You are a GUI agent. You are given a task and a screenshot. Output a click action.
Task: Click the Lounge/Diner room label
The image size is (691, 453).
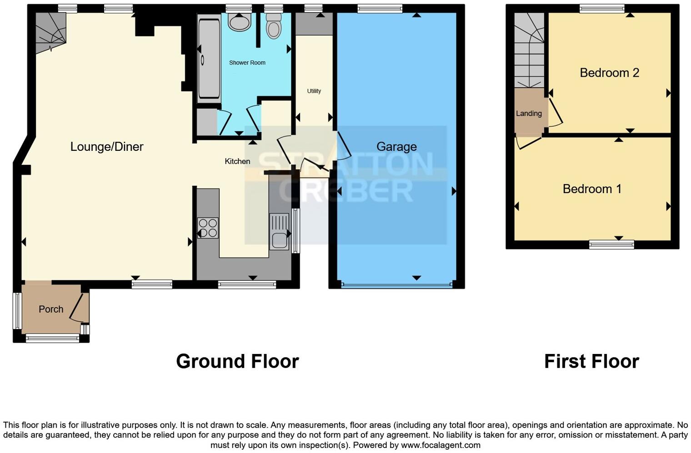click(x=107, y=147)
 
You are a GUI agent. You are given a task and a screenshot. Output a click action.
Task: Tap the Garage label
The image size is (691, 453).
click(x=396, y=147)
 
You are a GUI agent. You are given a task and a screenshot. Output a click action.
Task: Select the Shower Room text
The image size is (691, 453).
click(x=247, y=63)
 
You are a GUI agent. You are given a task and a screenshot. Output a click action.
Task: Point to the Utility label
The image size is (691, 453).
click(x=314, y=91)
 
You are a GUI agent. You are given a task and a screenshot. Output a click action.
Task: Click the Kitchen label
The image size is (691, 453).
click(x=237, y=161)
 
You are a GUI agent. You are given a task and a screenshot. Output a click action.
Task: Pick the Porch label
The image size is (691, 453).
click(x=51, y=309)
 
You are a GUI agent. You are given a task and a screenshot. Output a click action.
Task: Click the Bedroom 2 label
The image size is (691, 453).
click(x=609, y=73)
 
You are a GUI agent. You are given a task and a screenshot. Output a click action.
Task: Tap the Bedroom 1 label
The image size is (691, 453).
click(x=592, y=189)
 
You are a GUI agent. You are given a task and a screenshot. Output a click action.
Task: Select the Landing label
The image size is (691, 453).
click(x=529, y=114)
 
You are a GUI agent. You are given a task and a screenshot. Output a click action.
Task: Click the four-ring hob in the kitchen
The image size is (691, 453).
click(x=208, y=228)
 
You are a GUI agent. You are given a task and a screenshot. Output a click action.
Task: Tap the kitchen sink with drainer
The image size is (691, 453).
click(x=279, y=231)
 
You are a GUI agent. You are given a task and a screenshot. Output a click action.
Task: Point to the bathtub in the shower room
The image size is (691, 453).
click(x=209, y=57)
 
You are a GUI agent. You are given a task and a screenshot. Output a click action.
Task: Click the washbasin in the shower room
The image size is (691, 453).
click(x=239, y=21)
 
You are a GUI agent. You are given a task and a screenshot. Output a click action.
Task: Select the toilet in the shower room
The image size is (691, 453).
click(x=274, y=25)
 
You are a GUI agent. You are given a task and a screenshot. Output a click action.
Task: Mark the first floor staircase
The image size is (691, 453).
click(x=529, y=50)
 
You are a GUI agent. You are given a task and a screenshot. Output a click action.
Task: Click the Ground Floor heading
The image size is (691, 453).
click(x=237, y=362)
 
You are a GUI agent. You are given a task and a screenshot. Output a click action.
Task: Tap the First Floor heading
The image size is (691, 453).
click(x=591, y=362)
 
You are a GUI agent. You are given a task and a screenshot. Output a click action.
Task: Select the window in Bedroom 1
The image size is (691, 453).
click(x=611, y=245)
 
